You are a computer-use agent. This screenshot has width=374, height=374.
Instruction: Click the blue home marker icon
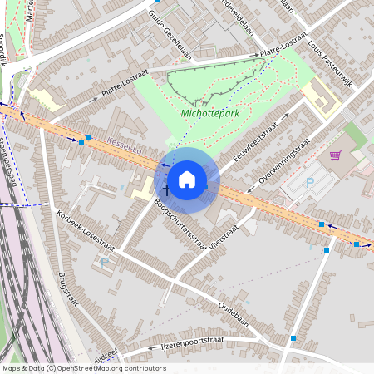[x=187, y=180]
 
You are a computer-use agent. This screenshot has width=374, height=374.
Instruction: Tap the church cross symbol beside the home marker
[x=165, y=190]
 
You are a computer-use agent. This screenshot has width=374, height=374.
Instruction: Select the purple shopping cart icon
[x=336, y=155]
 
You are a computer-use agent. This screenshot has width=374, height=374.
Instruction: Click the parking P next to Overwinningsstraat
[x=311, y=183]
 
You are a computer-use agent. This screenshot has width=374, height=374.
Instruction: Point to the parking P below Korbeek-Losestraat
[x=104, y=262]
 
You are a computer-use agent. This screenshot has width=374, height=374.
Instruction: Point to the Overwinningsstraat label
[x=283, y=161]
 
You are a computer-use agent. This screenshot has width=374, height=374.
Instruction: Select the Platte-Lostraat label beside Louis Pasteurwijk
[x=283, y=47]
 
